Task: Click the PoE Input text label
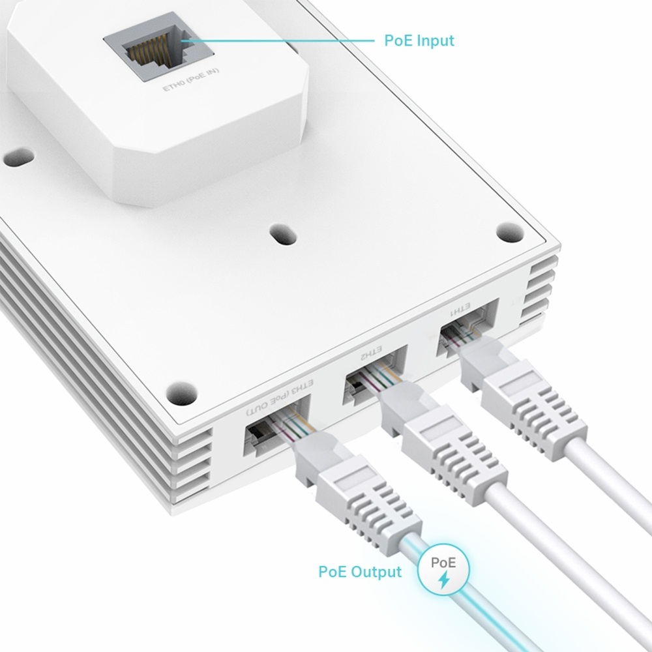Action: [x=419, y=40]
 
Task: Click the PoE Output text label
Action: [x=360, y=572]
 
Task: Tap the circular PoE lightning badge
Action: [x=445, y=569]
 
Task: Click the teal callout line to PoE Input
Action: [x=280, y=40]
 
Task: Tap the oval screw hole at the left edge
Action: [x=18, y=157]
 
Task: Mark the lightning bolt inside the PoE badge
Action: [x=445, y=578]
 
